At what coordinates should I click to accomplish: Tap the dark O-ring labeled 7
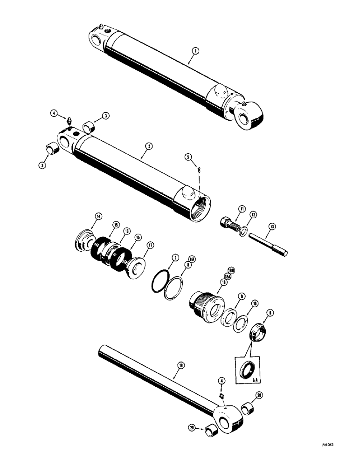[160, 284]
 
